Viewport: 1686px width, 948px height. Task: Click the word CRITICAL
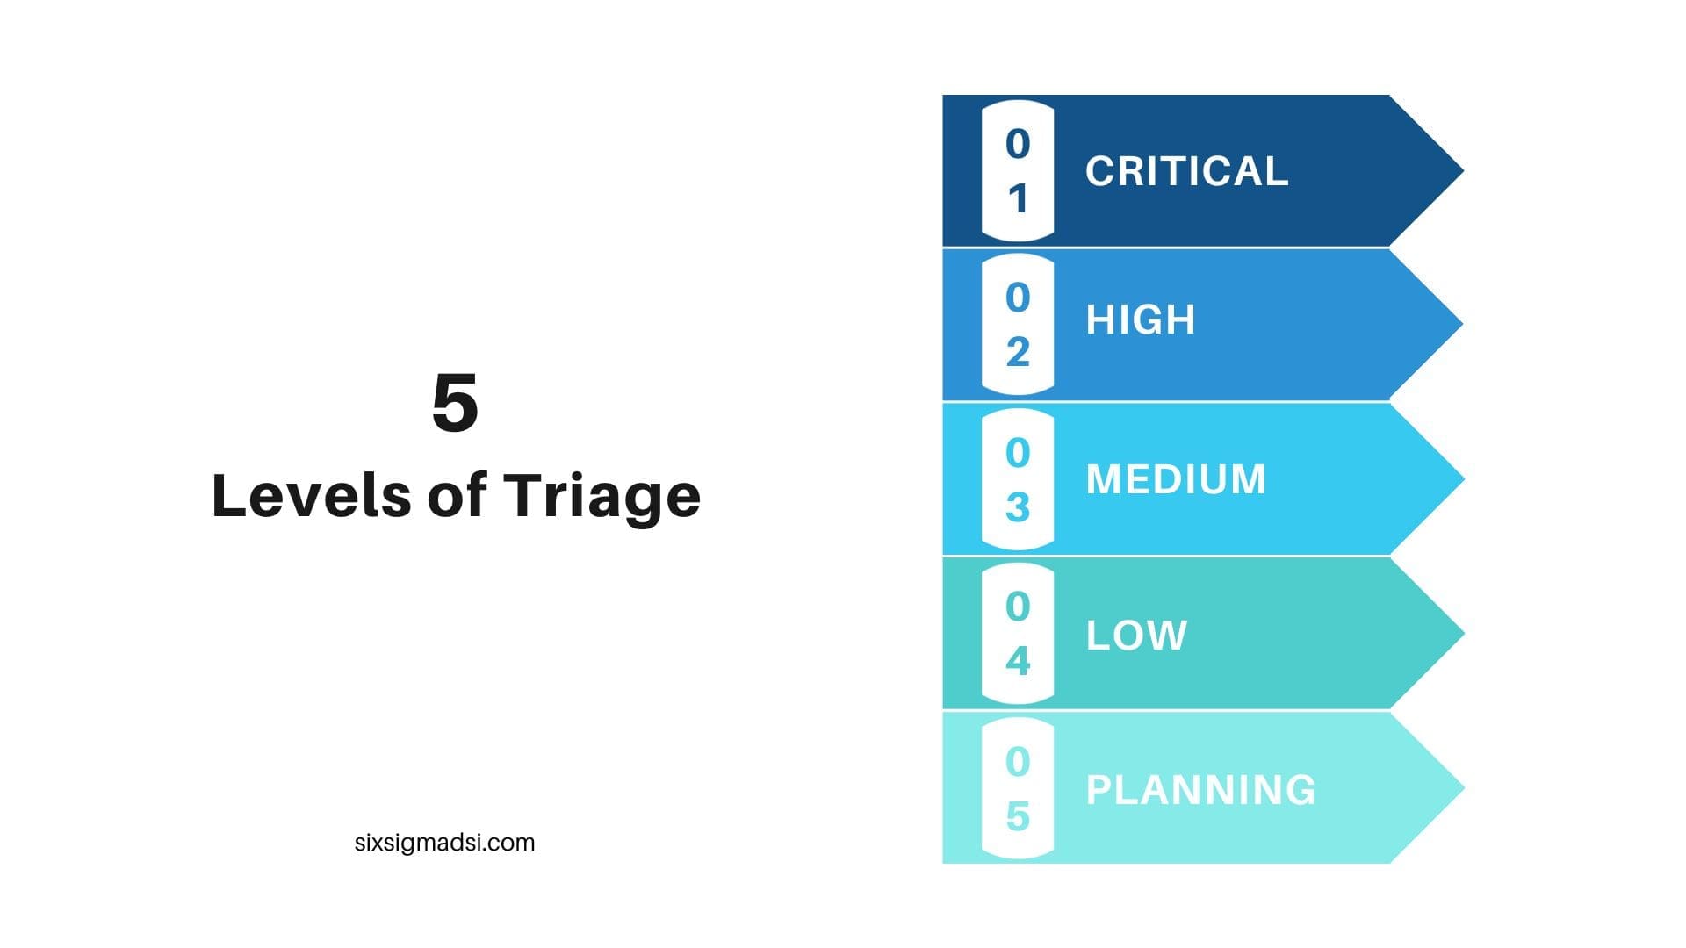click(x=1186, y=171)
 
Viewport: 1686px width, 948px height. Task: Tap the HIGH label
click(x=1141, y=320)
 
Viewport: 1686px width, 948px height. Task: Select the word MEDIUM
click(x=1176, y=479)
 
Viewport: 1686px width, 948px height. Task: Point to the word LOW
click(x=1136, y=636)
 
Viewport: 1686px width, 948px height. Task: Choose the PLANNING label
click(x=1200, y=790)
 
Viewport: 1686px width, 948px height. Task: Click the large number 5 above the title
click(x=455, y=403)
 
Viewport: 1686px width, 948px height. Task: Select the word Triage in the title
click(x=602, y=498)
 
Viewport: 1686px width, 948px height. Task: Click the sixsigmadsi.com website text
click(x=444, y=843)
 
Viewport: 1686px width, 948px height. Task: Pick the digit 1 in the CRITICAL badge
click(x=1018, y=199)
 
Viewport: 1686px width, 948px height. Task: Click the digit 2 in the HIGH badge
click(x=1018, y=352)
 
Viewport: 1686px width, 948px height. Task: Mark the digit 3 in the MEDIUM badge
click(x=1018, y=507)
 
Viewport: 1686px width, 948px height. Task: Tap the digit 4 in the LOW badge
click(x=1018, y=661)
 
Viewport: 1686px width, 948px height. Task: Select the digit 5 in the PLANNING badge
click(x=1018, y=816)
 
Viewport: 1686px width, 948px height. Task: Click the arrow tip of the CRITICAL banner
click(x=1464, y=170)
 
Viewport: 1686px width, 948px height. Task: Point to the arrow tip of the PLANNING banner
click(x=1464, y=787)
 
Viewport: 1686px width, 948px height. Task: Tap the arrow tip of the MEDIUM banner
click(x=1464, y=478)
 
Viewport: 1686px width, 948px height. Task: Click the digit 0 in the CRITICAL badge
click(x=1018, y=144)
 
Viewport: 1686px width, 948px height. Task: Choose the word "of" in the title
click(x=457, y=495)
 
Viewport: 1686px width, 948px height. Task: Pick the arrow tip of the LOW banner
click(x=1464, y=633)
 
